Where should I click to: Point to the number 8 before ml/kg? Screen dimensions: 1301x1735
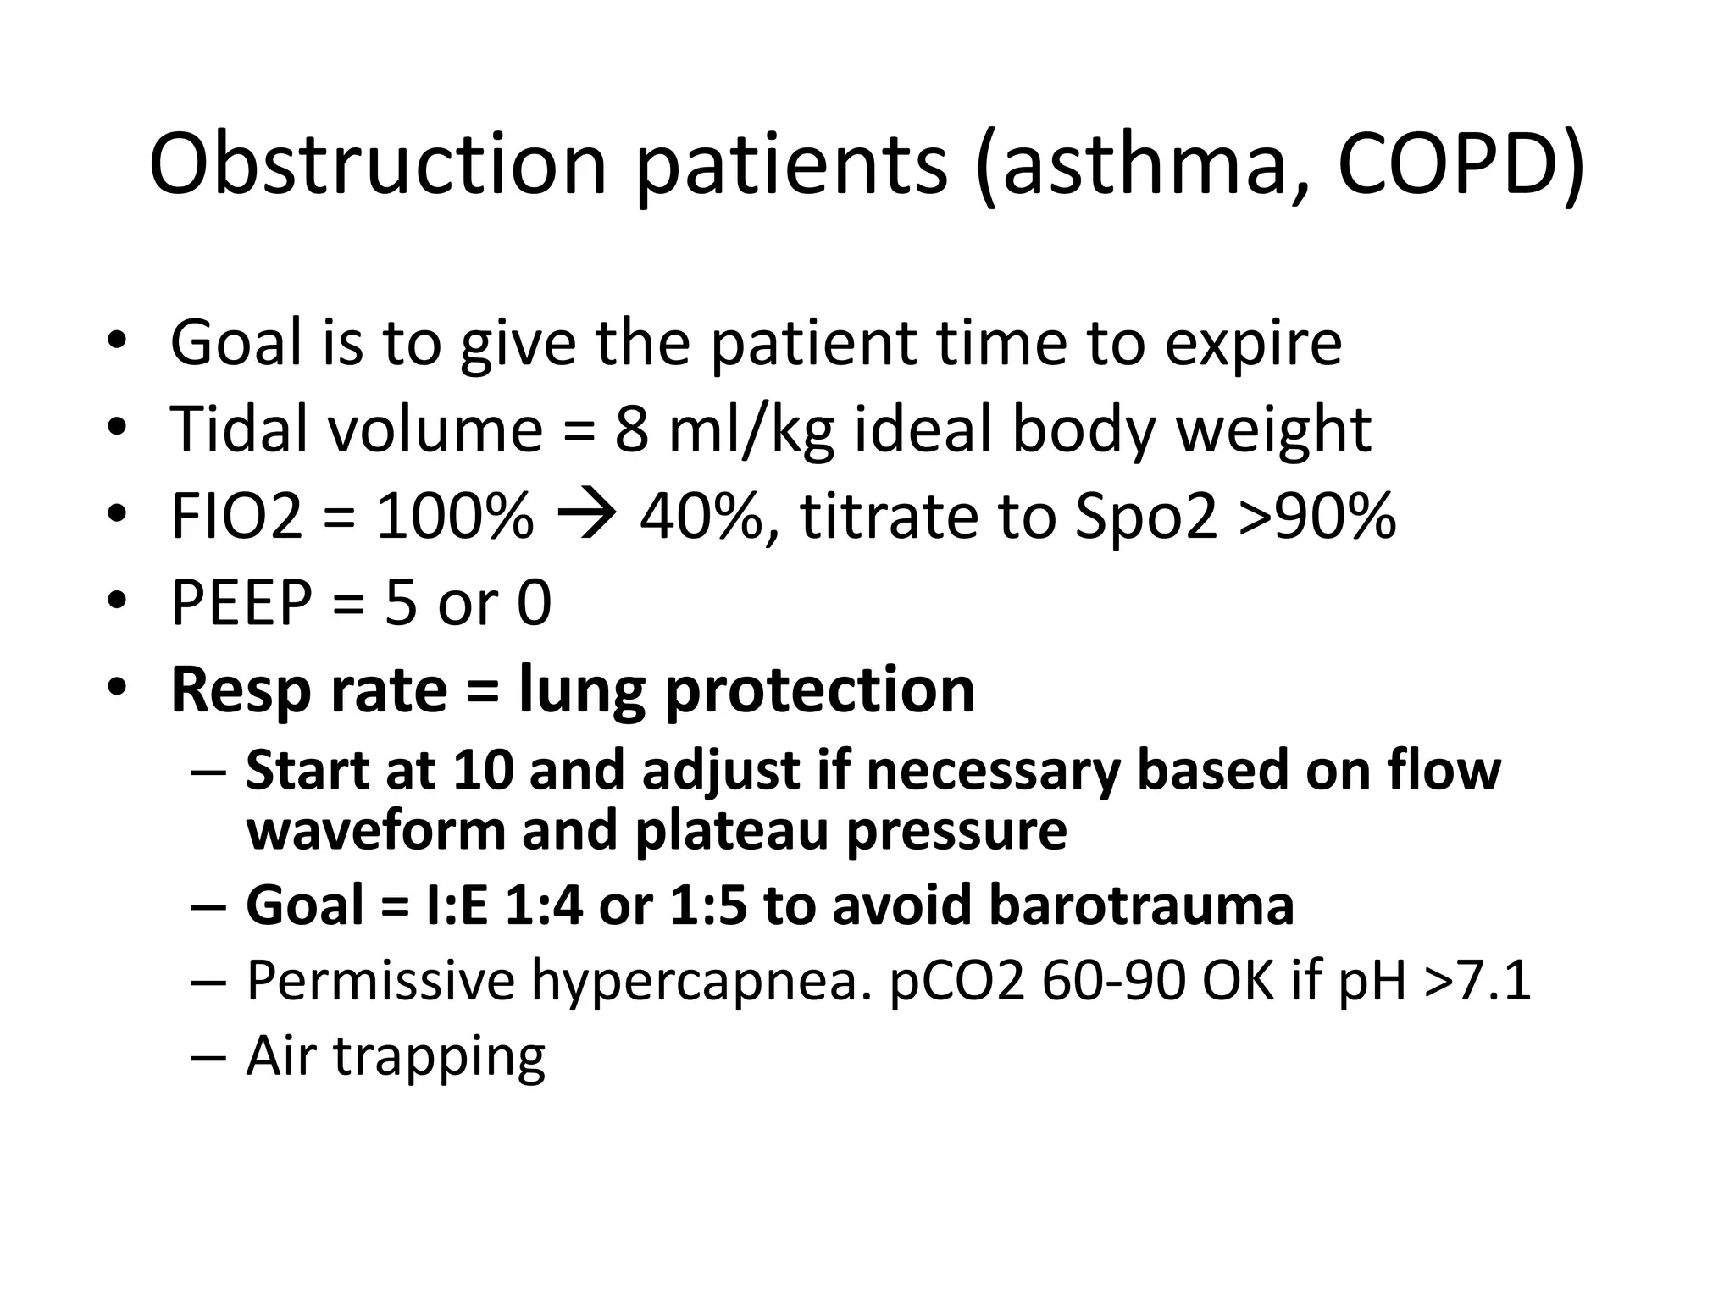coord(631,429)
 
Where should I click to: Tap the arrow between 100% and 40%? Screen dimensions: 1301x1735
coord(586,516)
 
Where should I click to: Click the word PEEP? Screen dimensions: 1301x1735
coord(241,603)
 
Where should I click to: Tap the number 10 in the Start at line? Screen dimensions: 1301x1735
coord(483,770)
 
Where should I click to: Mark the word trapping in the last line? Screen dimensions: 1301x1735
coord(440,1057)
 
